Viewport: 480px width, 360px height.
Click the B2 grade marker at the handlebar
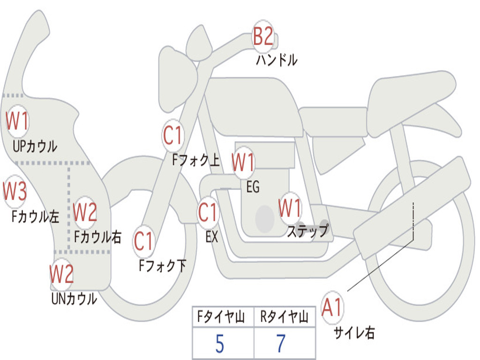pyautogui.click(x=263, y=36)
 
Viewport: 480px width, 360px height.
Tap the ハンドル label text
pyautogui.click(x=277, y=60)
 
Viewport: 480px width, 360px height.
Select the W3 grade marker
pyautogui.click(x=15, y=191)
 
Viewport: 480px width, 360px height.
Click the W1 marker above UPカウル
pyautogui.click(x=17, y=121)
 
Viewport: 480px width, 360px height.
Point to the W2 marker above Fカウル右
pyautogui.click(x=85, y=212)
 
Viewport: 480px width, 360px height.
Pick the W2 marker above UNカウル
pyautogui.click(x=62, y=274)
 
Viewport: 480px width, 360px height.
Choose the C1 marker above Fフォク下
pyautogui.click(x=144, y=241)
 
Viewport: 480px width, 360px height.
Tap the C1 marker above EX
pyautogui.click(x=208, y=213)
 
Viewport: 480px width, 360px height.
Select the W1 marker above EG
pyautogui.click(x=243, y=163)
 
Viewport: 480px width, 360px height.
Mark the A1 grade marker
pyautogui.click(x=332, y=308)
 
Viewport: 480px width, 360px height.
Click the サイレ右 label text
pyautogui.click(x=354, y=333)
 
